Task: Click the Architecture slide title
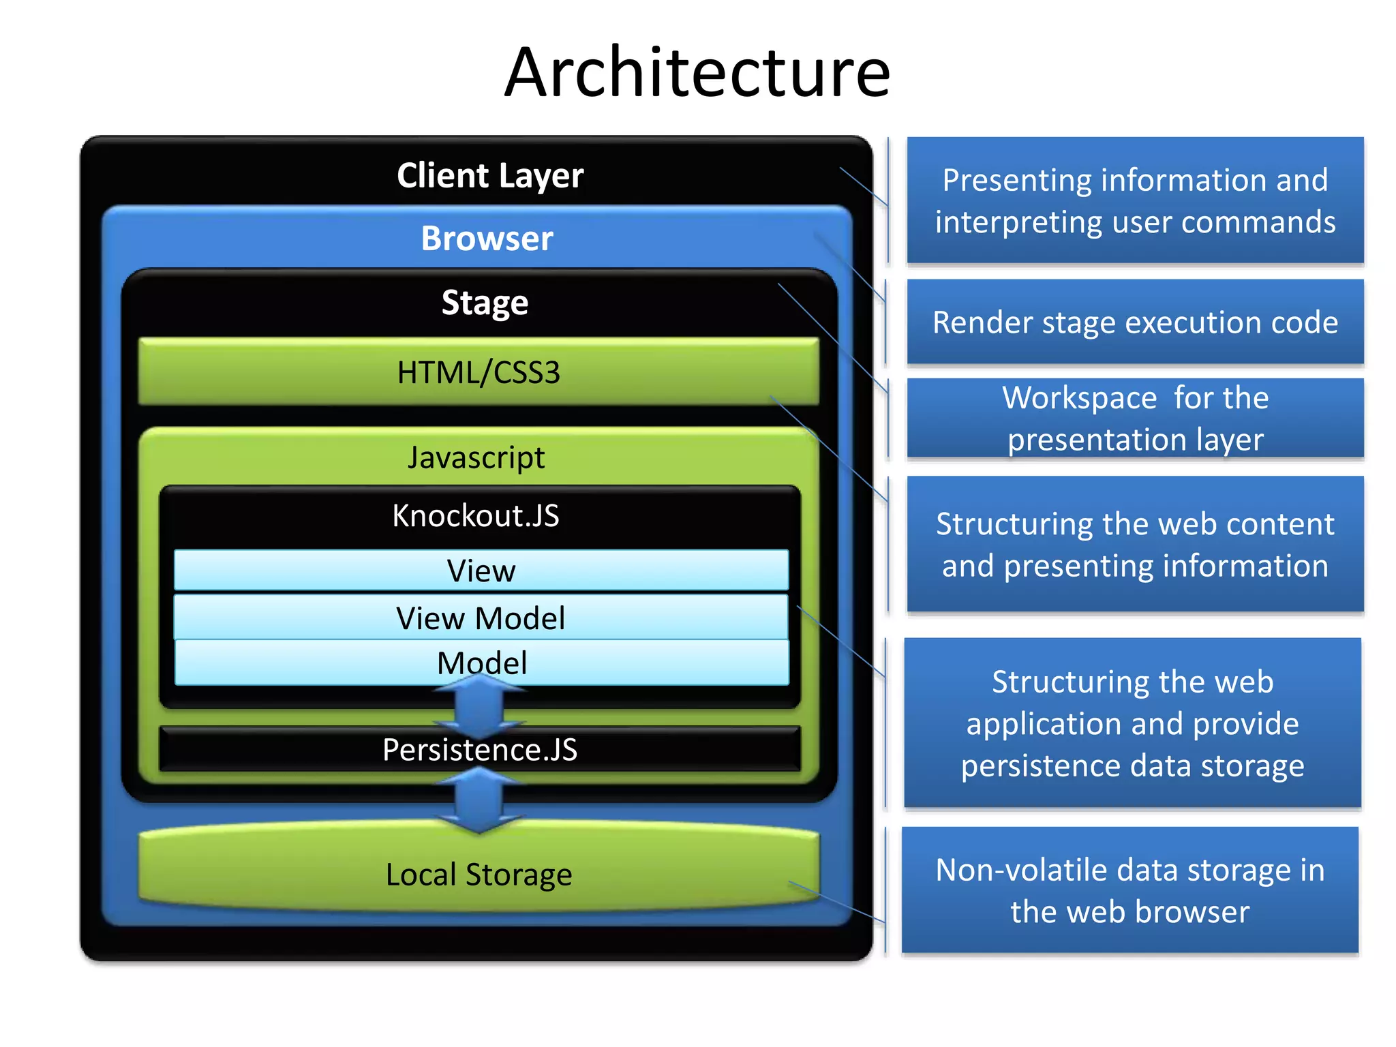(697, 72)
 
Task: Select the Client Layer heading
(490, 176)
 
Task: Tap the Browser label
(487, 239)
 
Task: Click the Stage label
(485, 303)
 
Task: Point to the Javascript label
(476, 457)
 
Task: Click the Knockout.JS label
(476, 515)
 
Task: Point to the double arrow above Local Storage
(480, 801)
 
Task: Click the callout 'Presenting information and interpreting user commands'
(1135, 200)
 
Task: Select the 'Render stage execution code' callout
(1135, 322)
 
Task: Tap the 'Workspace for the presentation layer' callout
(1135, 418)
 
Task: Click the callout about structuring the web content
(1135, 544)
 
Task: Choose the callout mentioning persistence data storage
(1132, 723)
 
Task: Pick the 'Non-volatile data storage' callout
(1129, 890)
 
